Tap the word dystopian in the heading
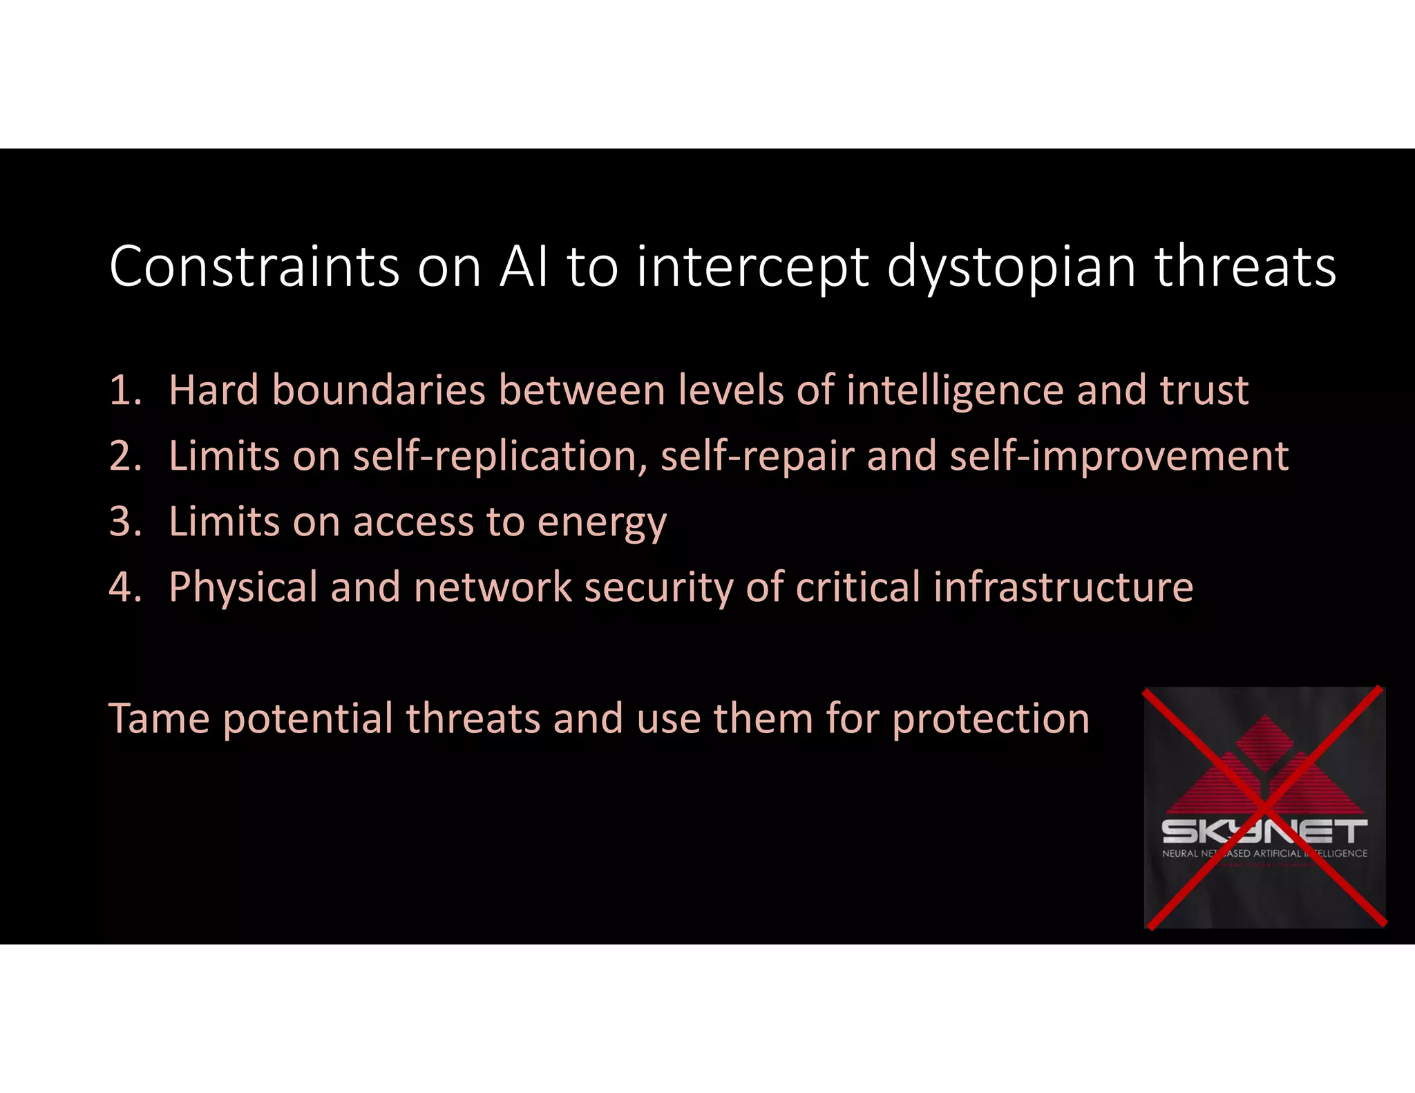coord(1011,268)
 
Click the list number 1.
coord(124,390)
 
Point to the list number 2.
coord(124,456)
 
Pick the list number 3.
coord(124,521)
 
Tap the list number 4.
coord(124,587)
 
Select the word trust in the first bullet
coord(1204,390)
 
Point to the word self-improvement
coord(1119,457)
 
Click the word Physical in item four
coord(243,588)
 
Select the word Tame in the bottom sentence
coord(159,718)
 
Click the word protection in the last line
coord(991,719)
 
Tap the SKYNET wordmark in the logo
coord(1264,831)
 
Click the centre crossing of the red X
coord(1264,807)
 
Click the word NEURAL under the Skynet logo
coord(1180,853)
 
